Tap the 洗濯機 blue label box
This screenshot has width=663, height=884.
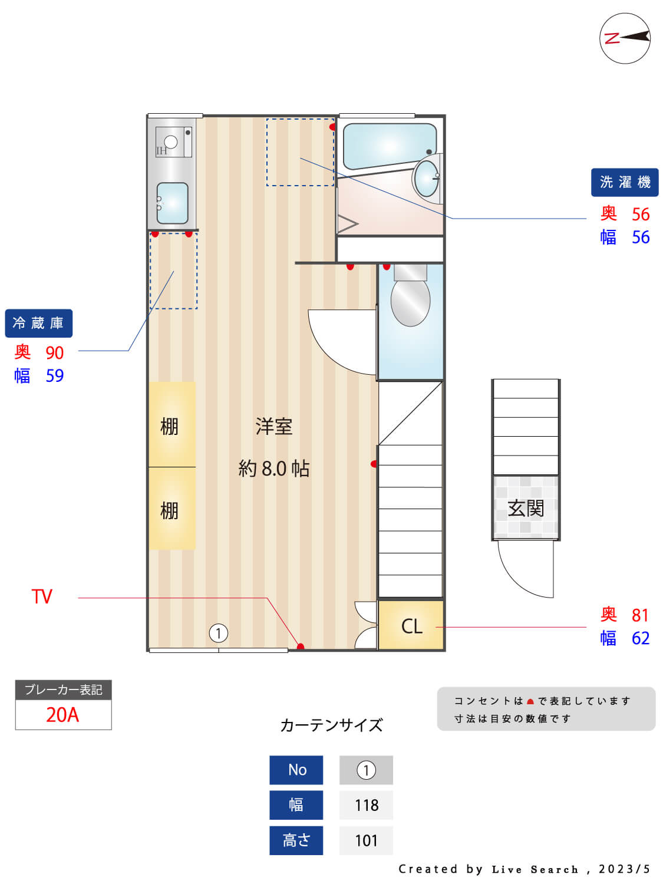coord(625,182)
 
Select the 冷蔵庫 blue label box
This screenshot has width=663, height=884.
coord(38,323)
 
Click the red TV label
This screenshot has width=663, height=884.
coord(42,596)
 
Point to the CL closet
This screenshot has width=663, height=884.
coord(411,626)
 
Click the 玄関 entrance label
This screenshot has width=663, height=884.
coord(526,508)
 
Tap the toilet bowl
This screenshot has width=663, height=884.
coord(411,301)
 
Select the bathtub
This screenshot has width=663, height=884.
coord(389,145)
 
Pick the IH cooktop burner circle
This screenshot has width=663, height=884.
coord(171,141)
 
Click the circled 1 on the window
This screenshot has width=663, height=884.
coord(219,634)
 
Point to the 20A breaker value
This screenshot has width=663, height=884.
coord(62,715)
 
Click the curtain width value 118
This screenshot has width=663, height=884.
coord(366,805)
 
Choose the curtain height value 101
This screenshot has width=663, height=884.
coord(366,840)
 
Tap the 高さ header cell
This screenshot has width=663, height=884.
coord(296,840)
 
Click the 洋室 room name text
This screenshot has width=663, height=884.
coord(274,426)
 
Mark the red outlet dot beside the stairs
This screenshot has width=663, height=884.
coord(374,464)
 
